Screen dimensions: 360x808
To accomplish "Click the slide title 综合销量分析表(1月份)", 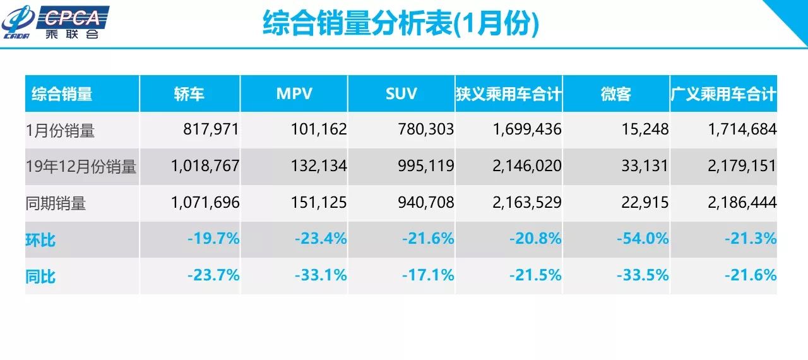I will click(401, 24).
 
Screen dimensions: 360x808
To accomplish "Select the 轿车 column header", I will click(189, 94).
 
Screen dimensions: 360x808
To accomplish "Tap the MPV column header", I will click(294, 94).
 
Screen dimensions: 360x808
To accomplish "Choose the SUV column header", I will click(401, 94).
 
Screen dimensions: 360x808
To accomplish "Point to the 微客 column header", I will click(616, 94).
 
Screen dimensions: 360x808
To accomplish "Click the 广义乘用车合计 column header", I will click(723, 94).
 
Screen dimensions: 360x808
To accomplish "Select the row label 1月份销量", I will click(61, 130).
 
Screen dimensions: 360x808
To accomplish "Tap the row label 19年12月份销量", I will click(81, 167).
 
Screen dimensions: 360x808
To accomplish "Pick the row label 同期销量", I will click(56, 203).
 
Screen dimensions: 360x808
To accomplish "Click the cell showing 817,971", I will click(211, 130).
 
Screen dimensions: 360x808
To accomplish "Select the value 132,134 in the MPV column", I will click(319, 167).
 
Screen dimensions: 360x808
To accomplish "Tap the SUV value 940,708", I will click(426, 203).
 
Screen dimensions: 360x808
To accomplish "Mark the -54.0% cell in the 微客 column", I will click(642, 239).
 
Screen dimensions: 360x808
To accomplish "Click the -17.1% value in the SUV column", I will click(427, 276).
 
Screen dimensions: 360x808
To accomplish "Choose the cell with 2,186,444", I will click(741, 203).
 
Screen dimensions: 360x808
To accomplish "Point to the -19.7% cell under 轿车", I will click(213, 239).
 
